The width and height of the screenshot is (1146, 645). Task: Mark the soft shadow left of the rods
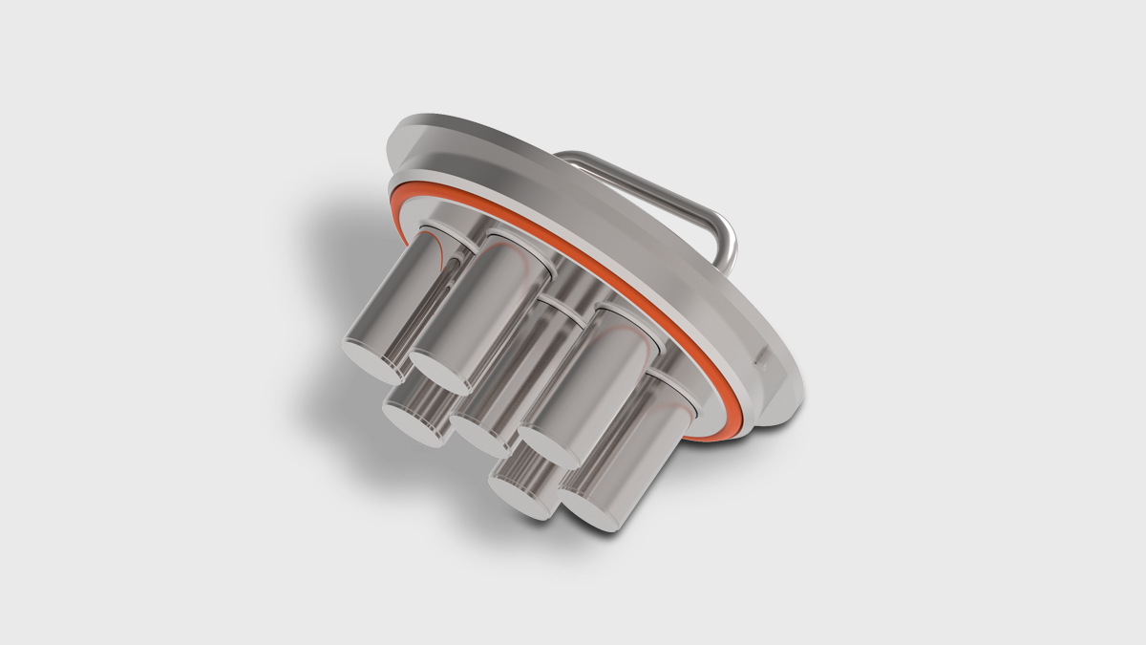[315, 287]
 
